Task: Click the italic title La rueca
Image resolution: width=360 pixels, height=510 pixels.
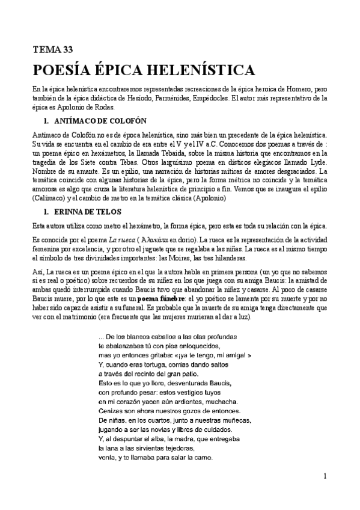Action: [108, 239]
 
